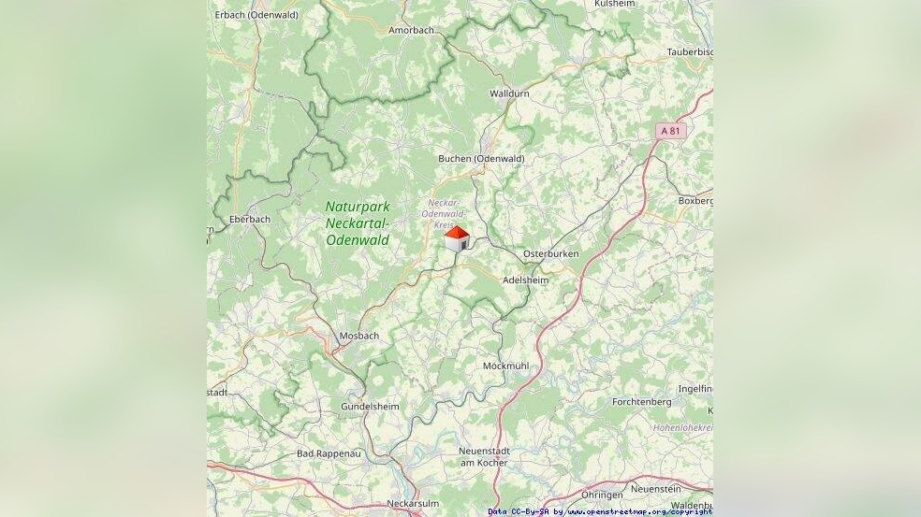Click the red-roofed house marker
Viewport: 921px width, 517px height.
(457, 238)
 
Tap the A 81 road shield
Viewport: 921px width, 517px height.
(670, 131)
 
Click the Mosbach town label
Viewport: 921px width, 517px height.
(358, 336)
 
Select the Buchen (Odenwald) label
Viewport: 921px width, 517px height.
(481, 159)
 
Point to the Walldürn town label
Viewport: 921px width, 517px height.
(509, 93)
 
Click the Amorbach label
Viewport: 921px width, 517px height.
(412, 30)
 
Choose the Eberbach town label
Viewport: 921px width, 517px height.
(250, 220)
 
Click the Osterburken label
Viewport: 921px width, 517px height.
(550, 254)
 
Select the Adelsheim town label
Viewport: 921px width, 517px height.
(525, 280)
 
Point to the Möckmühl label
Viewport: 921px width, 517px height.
(505, 366)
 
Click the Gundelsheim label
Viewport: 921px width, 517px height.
(370, 407)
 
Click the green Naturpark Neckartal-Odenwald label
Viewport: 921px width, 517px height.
(358, 223)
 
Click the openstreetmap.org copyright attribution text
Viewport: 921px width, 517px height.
(600, 511)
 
